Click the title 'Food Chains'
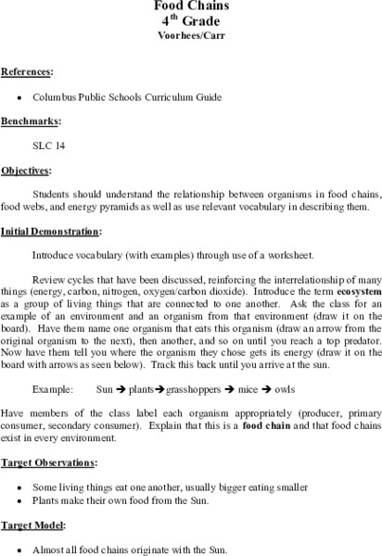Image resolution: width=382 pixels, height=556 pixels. coord(191,5)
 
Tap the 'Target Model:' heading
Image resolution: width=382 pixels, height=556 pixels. coord(32,524)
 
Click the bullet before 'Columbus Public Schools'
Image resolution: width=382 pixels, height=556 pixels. coord(20,95)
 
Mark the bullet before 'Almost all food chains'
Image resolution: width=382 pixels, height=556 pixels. coord(20,549)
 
